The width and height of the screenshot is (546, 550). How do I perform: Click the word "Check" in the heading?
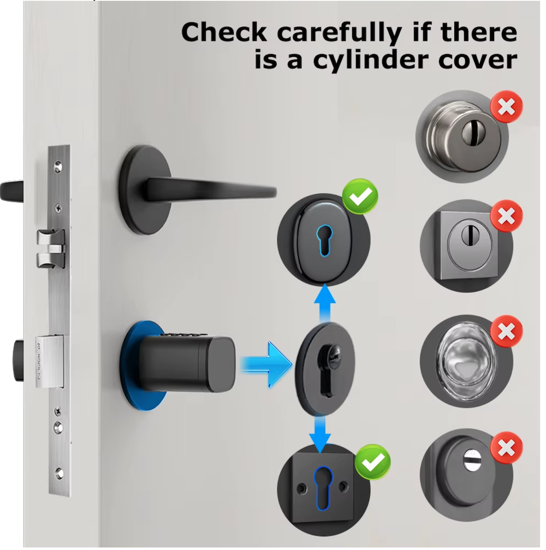point(224,32)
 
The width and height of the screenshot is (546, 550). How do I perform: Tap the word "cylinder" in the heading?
point(371,60)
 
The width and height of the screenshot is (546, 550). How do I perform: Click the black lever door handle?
point(197,190)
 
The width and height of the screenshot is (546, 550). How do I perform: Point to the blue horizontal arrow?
point(266,364)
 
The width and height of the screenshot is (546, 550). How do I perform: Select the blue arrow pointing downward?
point(320,434)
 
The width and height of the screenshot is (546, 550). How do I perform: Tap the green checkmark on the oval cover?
point(360,197)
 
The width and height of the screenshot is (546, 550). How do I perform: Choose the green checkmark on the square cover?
point(372,462)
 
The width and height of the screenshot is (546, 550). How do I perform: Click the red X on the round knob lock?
point(506,107)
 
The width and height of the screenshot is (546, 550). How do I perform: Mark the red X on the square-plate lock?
point(506,216)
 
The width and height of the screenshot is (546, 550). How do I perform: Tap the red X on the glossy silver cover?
point(506,331)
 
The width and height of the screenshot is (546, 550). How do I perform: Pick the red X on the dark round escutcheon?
point(506,448)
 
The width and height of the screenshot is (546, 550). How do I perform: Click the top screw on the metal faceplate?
point(58,166)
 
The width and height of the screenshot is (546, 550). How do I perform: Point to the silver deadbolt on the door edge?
point(50,361)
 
